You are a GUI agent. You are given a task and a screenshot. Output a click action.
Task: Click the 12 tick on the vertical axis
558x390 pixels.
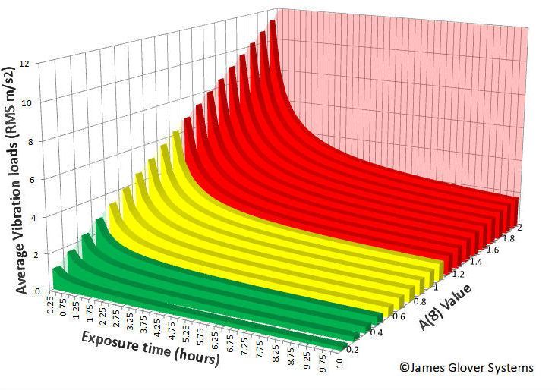[46, 64]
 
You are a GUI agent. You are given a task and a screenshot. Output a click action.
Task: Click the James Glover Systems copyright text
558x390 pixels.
[466, 368]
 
